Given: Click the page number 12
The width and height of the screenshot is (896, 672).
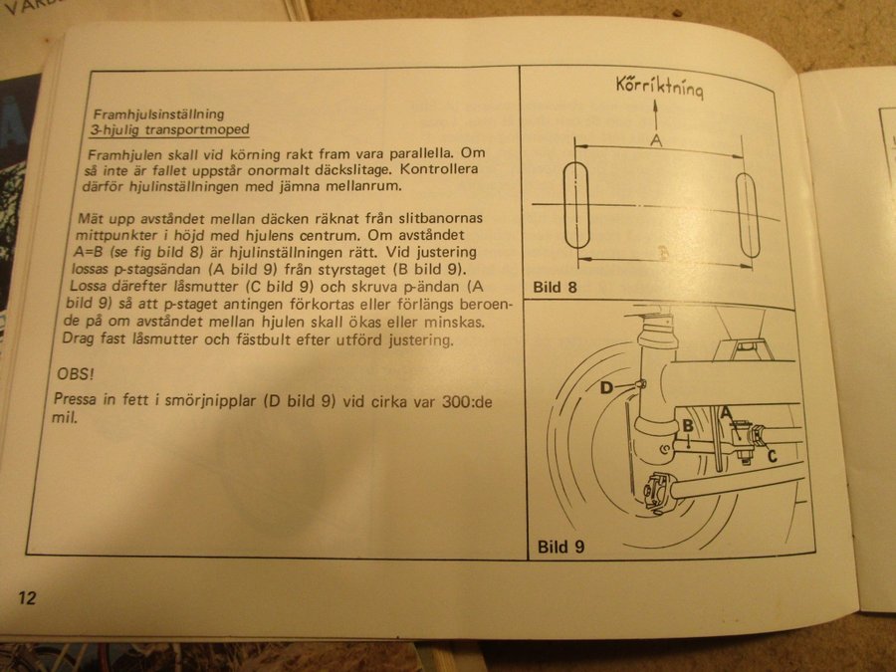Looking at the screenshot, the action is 27,597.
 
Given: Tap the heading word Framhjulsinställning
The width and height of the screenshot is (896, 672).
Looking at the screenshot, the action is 159,113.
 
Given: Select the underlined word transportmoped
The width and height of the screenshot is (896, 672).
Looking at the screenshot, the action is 197,129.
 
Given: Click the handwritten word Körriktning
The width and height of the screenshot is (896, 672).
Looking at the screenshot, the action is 659,87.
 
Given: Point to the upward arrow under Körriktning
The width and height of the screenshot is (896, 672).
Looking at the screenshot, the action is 655,115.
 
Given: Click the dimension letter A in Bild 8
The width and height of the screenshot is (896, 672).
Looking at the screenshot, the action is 657,140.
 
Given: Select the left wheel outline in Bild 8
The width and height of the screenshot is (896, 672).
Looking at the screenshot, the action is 576,205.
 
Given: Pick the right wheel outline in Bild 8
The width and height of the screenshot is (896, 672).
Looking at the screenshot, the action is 748,216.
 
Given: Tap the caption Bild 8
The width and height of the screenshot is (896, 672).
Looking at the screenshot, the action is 555,287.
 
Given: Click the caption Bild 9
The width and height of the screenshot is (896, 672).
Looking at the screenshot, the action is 560,547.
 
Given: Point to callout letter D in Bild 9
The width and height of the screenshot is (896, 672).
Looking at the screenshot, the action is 606,388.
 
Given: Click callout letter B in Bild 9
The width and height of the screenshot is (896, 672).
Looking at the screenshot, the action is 688,426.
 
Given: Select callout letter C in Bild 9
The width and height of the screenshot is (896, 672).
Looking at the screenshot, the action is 772,456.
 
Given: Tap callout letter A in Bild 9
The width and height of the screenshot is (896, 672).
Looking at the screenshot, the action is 727,412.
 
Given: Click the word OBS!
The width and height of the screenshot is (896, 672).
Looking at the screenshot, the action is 76,374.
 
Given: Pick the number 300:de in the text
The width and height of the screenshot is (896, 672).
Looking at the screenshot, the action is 467,402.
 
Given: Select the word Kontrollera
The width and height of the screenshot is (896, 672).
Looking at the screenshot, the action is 439,169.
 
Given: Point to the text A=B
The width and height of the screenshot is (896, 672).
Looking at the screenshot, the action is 88,252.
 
